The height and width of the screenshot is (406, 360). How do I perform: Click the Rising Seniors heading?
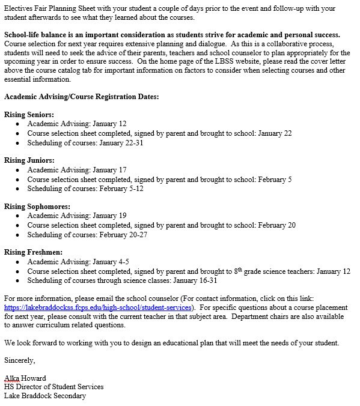29,114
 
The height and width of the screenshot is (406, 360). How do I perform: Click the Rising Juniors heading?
29,160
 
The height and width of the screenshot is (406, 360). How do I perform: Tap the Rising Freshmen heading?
33,253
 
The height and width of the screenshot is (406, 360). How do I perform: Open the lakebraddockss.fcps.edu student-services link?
97,307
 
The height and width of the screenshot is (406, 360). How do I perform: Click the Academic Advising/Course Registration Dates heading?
81,96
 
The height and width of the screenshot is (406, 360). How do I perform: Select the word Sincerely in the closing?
20,360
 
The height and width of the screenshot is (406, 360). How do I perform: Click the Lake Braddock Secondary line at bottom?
45,396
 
